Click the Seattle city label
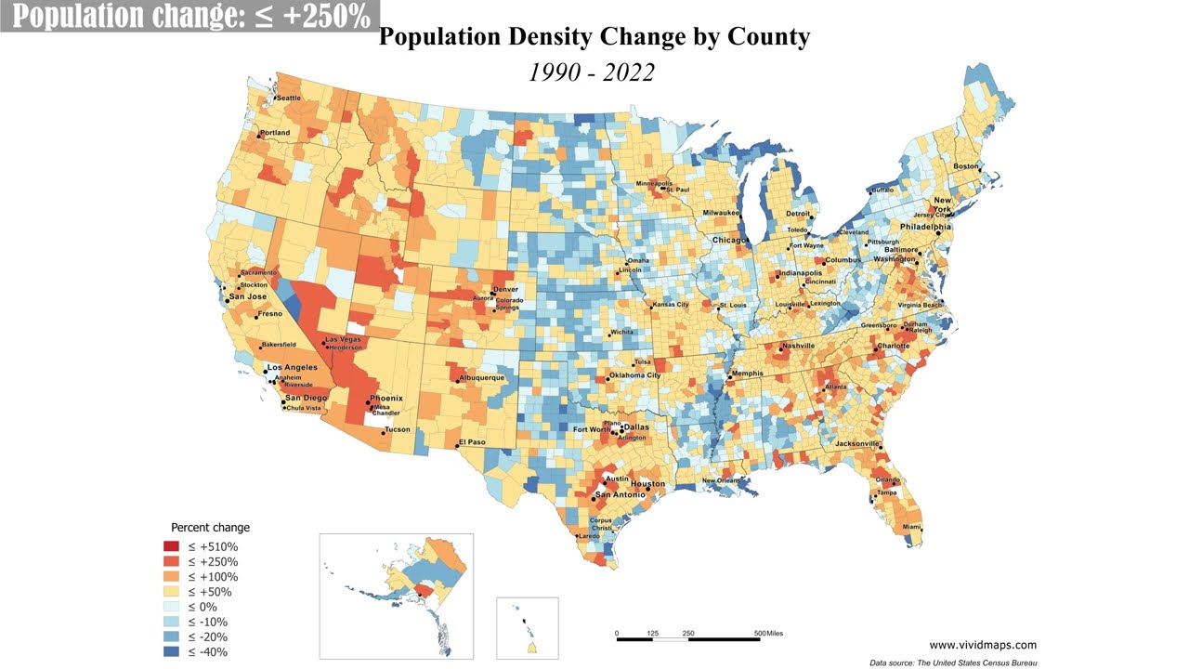point(289,98)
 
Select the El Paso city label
point(474,441)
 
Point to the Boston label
point(966,166)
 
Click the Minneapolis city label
point(653,183)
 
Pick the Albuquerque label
point(481,378)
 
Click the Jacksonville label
point(856,444)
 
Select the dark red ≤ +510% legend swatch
point(171,546)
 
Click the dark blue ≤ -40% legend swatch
point(171,651)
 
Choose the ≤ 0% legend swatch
point(171,607)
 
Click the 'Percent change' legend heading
point(210,527)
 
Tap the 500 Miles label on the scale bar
point(767,634)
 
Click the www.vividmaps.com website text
point(983,644)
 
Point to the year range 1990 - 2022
point(592,72)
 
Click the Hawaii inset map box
point(527,627)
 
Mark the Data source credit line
point(953,662)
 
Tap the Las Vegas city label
point(343,339)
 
